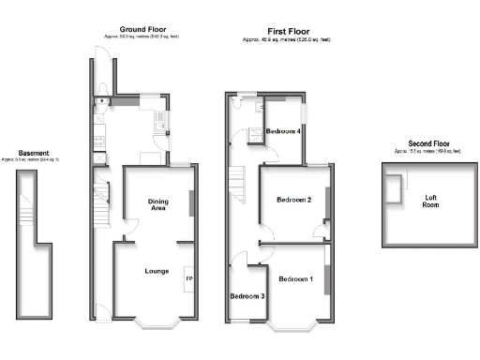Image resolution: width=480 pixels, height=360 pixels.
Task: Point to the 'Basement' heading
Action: point(34,153)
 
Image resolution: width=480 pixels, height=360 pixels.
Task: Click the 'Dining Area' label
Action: point(157,204)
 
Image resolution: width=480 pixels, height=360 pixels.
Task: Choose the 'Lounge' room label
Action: point(157,272)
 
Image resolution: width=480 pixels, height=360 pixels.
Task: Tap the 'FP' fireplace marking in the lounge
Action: point(188,279)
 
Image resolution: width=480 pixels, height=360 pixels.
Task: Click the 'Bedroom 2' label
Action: point(293,201)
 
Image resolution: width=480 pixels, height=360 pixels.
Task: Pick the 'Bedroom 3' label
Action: point(247,296)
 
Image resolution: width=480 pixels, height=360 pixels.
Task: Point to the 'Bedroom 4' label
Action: point(283,131)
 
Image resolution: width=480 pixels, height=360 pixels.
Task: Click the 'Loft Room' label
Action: point(430,202)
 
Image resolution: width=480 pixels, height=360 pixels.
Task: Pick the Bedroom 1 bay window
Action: point(296,325)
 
